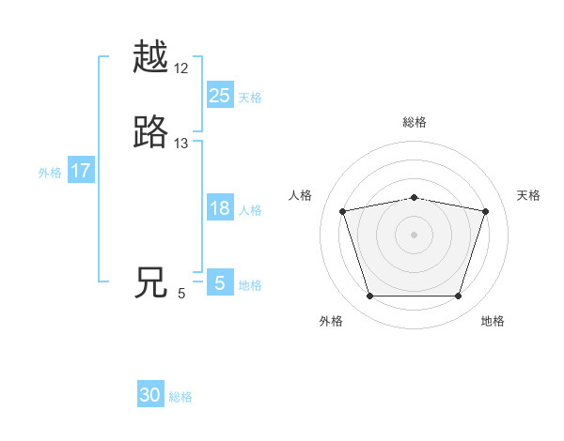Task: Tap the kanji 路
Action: coord(150,133)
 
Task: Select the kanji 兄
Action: coord(150,283)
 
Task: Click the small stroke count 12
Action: coord(181,69)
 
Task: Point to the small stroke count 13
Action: coord(181,144)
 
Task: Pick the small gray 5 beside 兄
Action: coord(181,294)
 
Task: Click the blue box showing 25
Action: coord(220,96)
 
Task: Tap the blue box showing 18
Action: coord(220,208)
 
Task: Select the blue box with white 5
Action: coord(220,283)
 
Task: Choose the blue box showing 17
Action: coord(81,172)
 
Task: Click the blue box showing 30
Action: coord(150,395)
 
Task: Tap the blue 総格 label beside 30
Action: coord(180,397)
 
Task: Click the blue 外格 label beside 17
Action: coord(50,173)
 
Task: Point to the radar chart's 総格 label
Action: coord(415,123)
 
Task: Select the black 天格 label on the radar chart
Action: coord(528,195)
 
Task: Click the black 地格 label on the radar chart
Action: coord(493,322)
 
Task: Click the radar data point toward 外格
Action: coord(369,297)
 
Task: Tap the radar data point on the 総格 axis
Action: coord(415,197)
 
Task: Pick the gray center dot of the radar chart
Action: coord(415,234)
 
